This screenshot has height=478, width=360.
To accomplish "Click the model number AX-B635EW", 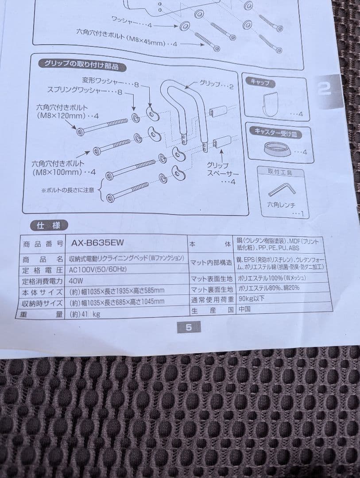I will click(x=97, y=243).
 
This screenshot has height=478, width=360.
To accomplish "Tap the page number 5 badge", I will click(x=189, y=328).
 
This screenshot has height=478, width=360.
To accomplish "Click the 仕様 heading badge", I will click(x=48, y=225).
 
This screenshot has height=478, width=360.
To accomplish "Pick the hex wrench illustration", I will click(x=282, y=189).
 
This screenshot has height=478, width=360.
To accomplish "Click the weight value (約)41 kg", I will click(x=84, y=314).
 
